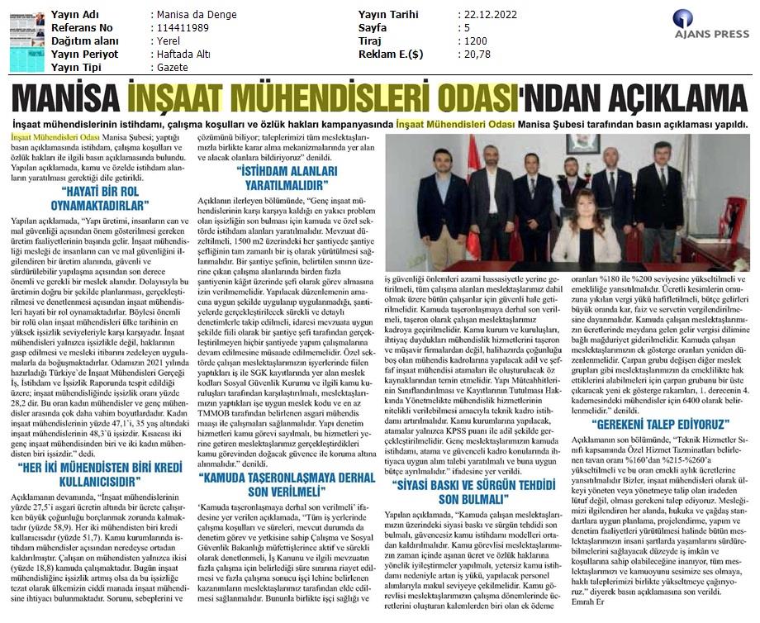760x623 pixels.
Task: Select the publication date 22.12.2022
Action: pos(488,15)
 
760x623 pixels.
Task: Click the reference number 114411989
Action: pos(183,27)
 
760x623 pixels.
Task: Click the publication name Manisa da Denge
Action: pos(194,15)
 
